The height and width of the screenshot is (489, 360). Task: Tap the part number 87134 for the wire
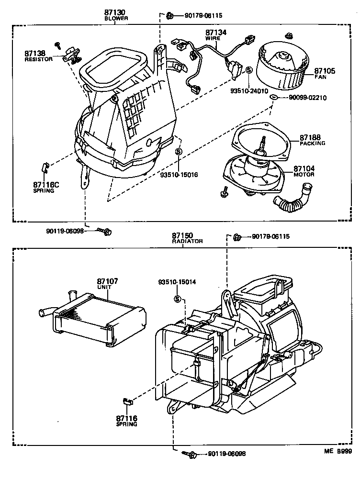point(215,32)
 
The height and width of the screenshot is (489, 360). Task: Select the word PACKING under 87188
point(312,143)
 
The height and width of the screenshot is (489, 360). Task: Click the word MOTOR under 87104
point(304,175)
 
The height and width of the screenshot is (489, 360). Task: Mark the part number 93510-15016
point(179,175)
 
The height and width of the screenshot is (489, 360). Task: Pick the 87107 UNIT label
point(107,284)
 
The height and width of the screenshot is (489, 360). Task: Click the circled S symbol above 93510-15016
point(178,152)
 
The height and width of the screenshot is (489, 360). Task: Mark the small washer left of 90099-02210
point(273,98)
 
